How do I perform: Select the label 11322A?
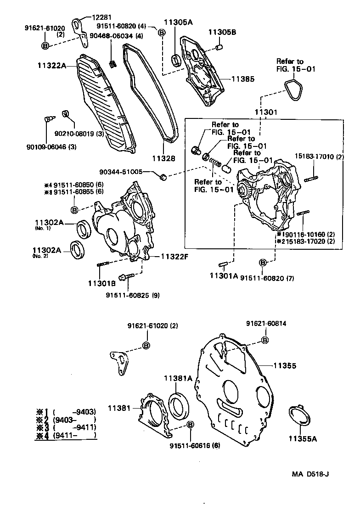point(52,66)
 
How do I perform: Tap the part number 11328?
point(163,158)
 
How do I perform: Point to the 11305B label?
point(222,32)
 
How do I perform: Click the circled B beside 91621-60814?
point(265,340)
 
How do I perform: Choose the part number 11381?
point(119,408)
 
